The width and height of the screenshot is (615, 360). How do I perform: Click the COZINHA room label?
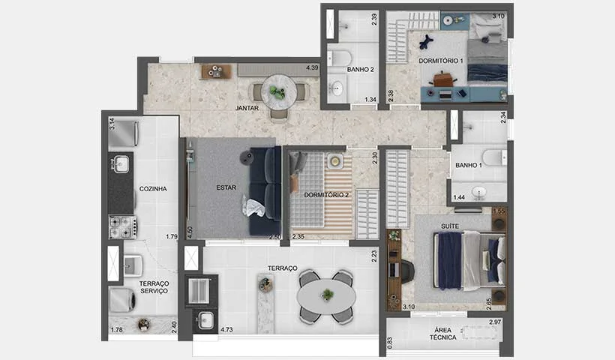153,189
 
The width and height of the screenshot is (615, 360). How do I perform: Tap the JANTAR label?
247,108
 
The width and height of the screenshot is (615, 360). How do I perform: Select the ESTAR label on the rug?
226,187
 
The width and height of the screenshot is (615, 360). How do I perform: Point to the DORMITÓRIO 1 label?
441,61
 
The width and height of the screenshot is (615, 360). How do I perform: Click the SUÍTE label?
450,226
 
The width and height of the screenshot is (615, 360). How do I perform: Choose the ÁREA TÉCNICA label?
442,334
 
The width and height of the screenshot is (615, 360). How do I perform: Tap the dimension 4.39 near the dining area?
312,67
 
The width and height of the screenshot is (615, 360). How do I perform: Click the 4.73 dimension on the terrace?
226,330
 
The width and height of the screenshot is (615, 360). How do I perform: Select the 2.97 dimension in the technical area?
495,322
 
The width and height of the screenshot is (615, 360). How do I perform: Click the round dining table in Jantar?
279,92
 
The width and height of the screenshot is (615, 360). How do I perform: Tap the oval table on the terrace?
326,296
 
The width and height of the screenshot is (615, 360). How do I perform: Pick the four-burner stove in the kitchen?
123,227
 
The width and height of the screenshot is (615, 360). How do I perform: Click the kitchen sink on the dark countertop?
121,164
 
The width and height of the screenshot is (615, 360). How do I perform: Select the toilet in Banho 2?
339,58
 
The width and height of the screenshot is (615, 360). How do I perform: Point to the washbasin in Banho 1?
479,192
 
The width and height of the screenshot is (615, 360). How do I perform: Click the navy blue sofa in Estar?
265,191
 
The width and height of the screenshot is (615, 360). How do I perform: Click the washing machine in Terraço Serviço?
122,300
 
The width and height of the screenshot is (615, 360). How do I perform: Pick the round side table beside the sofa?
247,157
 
